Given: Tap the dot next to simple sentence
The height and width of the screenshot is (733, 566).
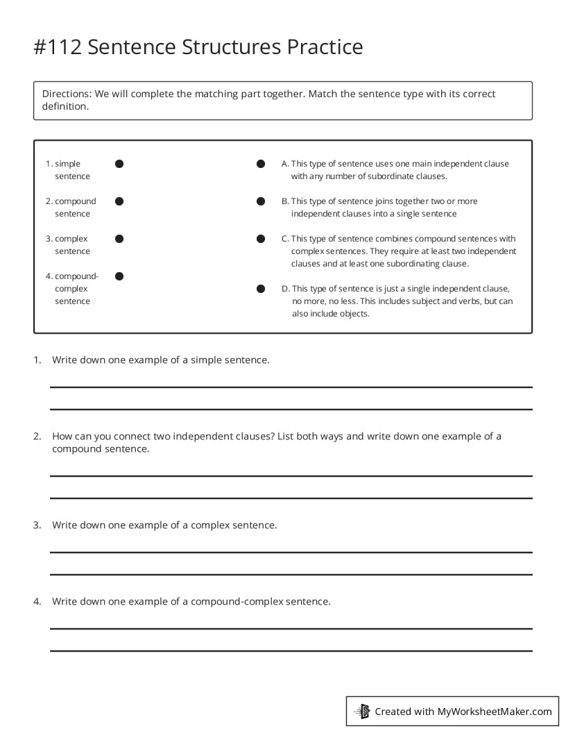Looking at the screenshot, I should [x=119, y=164].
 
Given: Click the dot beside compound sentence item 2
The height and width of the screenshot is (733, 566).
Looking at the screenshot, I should [x=119, y=201].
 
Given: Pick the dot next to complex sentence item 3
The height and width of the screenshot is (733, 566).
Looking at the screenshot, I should [x=119, y=239].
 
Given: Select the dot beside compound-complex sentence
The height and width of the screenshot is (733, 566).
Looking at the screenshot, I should [x=119, y=276].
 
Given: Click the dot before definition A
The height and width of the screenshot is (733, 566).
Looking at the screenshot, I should [x=261, y=164].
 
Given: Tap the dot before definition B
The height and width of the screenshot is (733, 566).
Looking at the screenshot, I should [x=261, y=201].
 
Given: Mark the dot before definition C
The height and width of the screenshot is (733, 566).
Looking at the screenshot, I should [x=261, y=239].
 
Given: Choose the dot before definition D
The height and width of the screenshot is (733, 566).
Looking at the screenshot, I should [x=261, y=289].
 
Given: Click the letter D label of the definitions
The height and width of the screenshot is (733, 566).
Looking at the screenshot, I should [x=285, y=289].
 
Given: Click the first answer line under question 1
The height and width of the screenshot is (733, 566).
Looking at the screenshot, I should [x=291, y=387].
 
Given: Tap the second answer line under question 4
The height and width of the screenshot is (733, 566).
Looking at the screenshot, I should [x=291, y=650].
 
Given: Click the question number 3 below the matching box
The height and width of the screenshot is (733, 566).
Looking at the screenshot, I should [x=37, y=525].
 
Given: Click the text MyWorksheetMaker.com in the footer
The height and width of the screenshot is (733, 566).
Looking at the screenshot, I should [x=495, y=711].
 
